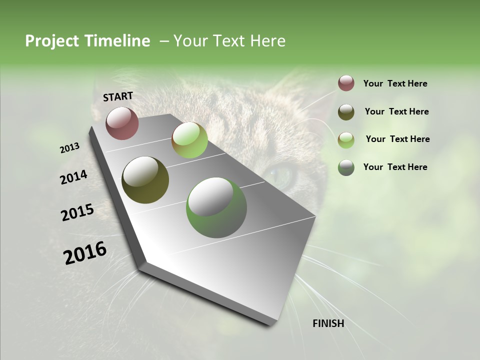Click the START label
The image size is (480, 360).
click(x=118, y=96)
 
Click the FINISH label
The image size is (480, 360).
click(x=328, y=323)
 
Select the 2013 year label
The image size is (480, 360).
click(x=69, y=148)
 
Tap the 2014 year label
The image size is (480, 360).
click(x=73, y=177)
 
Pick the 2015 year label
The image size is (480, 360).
click(x=77, y=212)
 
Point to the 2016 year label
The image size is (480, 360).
click(x=85, y=253)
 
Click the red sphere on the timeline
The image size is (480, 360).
click(x=122, y=123)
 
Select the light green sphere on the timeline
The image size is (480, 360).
click(x=189, y=140)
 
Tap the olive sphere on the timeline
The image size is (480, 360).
click(x=145, y=180)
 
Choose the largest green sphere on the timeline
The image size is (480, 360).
click(x=216, y=207)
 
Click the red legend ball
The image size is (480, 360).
click(x=346, y=83)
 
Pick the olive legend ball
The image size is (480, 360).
click(x=346, y=111)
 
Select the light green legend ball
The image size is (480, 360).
click(x=346, y=139)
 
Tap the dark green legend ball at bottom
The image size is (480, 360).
click(x=346, y=167)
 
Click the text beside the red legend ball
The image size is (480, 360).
click(x=395, y=83)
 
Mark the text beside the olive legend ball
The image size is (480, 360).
click(x=396, y=111)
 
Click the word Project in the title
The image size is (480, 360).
click(x=51, y=41)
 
